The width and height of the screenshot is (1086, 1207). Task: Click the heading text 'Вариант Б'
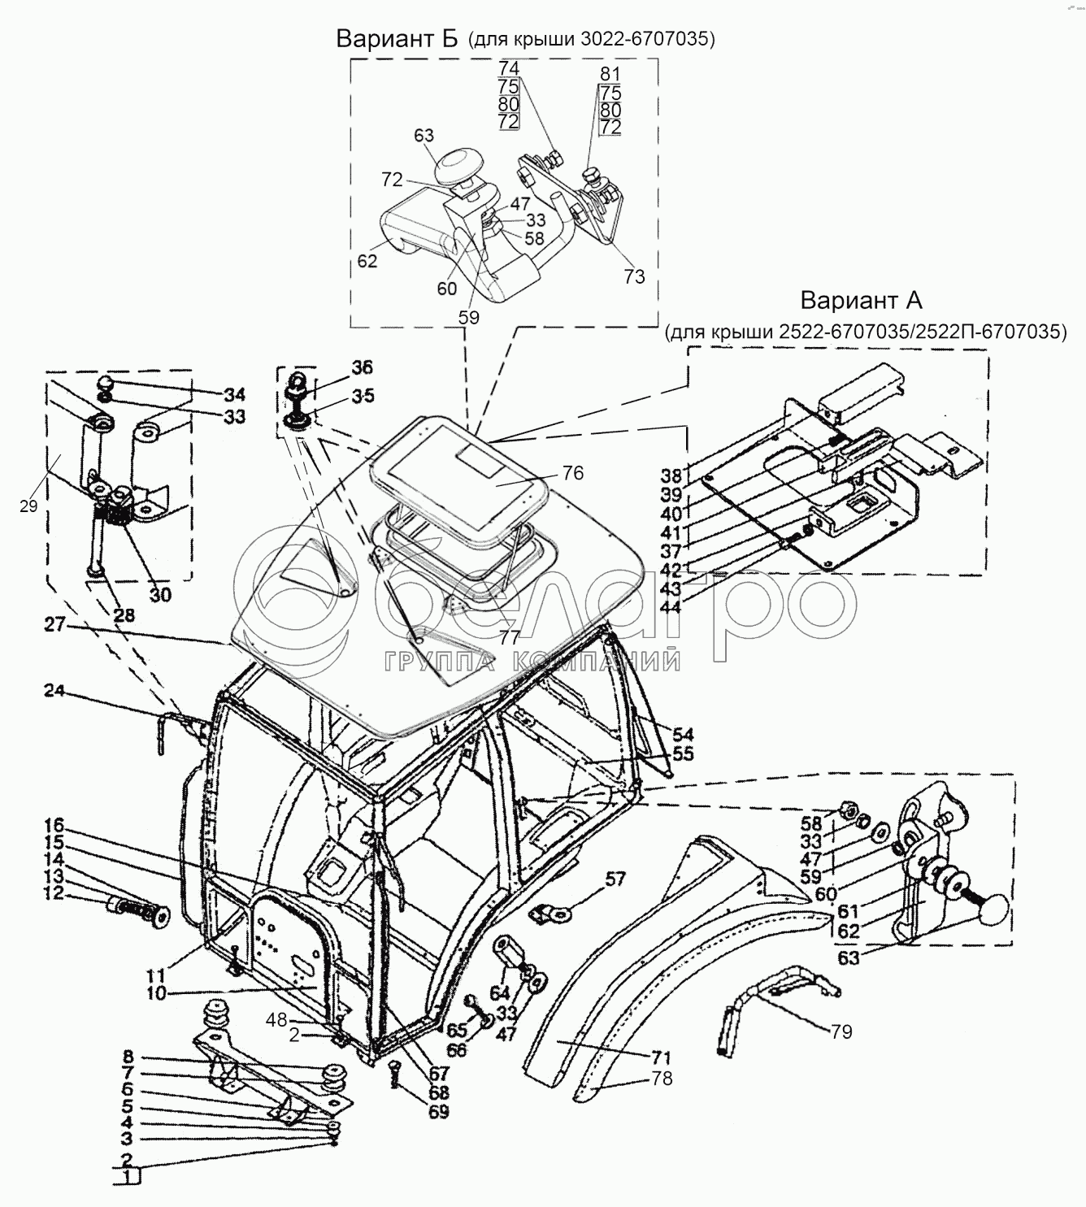click(x=398, y=38)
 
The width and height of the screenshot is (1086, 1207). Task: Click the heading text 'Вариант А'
click(x=862, y=301)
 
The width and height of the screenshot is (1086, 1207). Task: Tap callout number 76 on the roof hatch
click(x=572, y=473)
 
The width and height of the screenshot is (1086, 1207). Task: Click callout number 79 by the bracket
click(x=841, y=1031)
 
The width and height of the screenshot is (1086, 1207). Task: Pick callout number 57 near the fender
click(x=616, y=879)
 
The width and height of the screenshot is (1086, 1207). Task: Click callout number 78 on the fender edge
click(x=662, y=1079)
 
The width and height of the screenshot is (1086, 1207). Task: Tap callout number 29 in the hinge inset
click(x=28, y=507)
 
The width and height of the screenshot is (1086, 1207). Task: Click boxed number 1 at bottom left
click(x=127, y=1177)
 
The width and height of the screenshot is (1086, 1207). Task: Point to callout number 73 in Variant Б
click(x=634, y=277)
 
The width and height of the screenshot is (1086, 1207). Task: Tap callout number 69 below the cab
click(x=439, y=1112)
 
